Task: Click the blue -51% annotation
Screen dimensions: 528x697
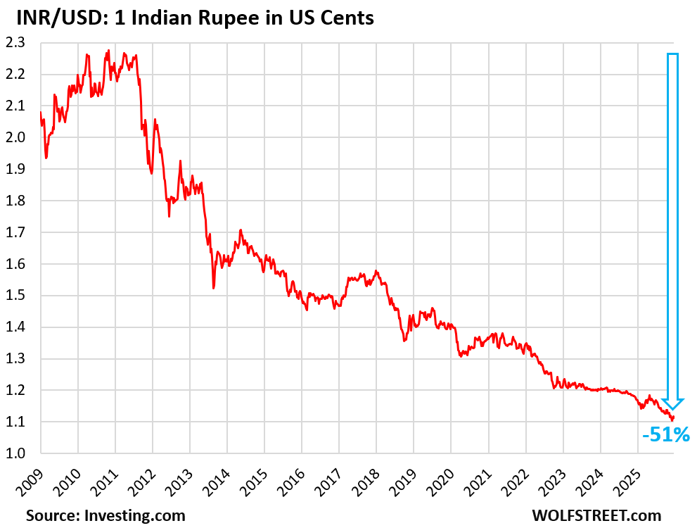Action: click(665, 436)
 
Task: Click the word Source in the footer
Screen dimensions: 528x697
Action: click(52, 515)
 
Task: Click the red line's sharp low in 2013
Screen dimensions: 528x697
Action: click(213, 287)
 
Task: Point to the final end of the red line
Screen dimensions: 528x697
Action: click(674, 417)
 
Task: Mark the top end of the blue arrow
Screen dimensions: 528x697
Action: click(672, 54)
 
